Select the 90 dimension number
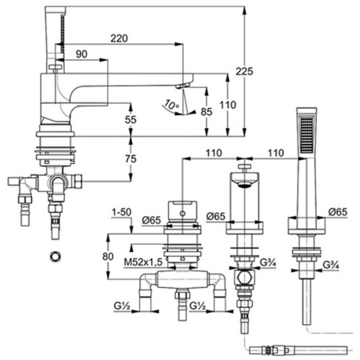(82, 54)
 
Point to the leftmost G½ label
(122, 306)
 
